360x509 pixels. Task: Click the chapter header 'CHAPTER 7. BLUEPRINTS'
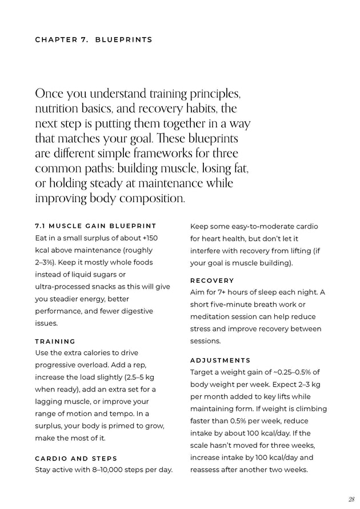tap(94, 40)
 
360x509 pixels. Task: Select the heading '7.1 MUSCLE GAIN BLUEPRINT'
tap(96, 226)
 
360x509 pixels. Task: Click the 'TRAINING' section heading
tap(55, 341)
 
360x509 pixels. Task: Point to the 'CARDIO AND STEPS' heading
tap(76, 458)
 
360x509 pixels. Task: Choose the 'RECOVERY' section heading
tap(212, 280)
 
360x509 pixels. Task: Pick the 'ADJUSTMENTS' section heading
tap(220, 360)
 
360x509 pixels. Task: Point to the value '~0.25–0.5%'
tap(296, 372)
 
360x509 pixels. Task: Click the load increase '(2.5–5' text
tap(138, 377)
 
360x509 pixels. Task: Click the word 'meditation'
tap(212, 316)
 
